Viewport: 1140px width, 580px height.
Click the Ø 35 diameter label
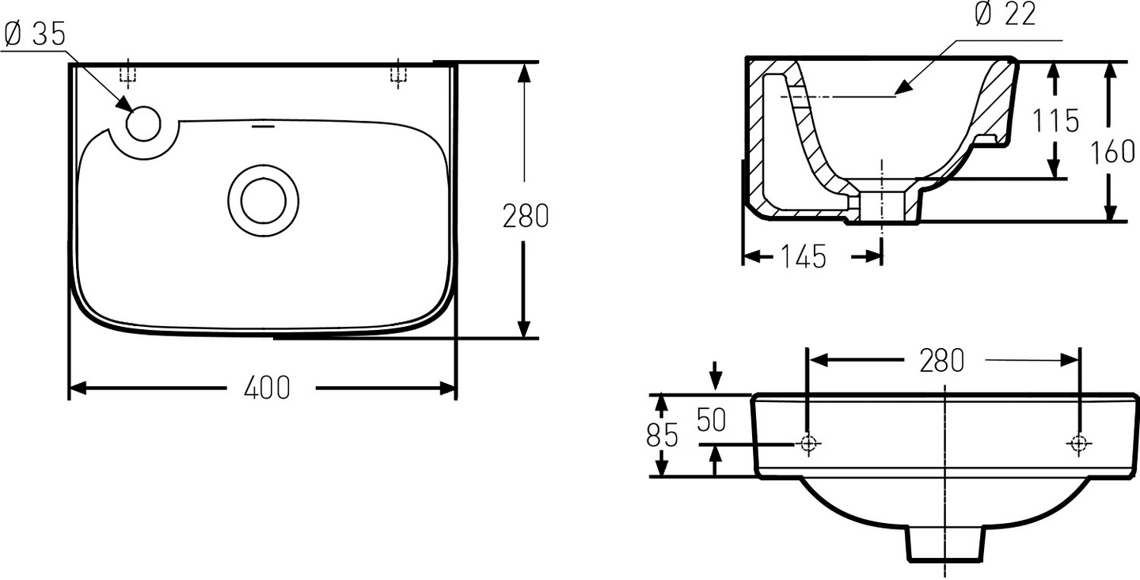[x=35, y=35]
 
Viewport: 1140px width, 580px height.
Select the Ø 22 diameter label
[x=1005, y=13]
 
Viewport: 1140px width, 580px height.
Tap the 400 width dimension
[x=268, y=388]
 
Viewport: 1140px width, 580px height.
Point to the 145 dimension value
[x=804, y=256]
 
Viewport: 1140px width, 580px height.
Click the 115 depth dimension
[x=1055, y=120]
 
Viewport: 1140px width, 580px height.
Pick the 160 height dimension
[x=1112, y=152]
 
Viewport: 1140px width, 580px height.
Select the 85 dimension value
[x=662, y=435]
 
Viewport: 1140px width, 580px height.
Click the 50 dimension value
[x=711, y=420]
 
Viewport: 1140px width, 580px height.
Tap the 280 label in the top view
[x=526, y=216]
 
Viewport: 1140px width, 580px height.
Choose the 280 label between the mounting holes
[x=942, y=361]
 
